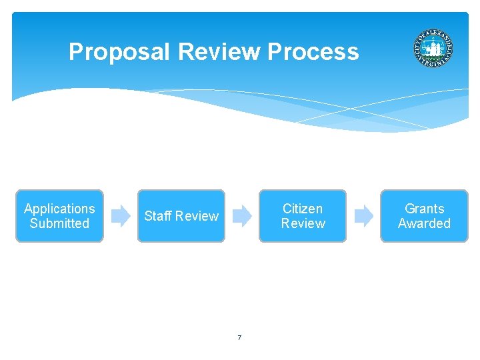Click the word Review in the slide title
click(219, 52)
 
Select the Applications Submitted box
click(59, 216)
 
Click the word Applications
click(59, 209)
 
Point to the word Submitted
click(59, 223)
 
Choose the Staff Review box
click(181, 216)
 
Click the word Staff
click(158, 216)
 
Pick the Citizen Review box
click(303, 216)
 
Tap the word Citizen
click(303, 209)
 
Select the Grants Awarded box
click(424, 216)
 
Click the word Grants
click(424, 209)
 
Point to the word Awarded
click(424, 223)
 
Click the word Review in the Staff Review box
click(197, 216)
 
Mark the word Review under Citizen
click(303, 223)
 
